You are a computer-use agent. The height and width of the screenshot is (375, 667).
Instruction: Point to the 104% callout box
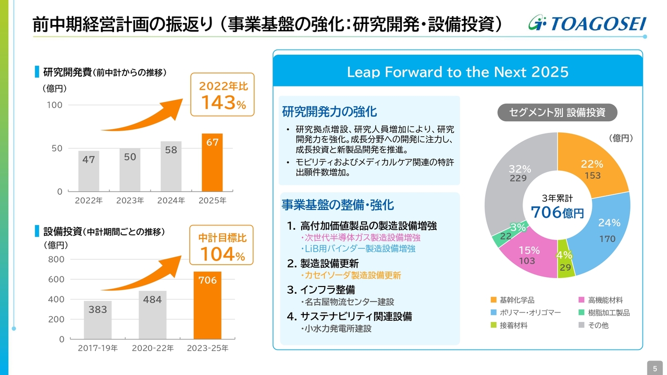pyautogui.click(x=221, y=246)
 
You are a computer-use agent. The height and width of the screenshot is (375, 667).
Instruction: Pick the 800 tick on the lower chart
pyautogui.click(x=56, y=259)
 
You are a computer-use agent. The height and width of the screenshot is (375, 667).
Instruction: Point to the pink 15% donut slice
pyautogui.click(x=527, y=255)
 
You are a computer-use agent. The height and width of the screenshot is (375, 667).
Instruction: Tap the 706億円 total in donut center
pyautogui.click(x=557, y=213)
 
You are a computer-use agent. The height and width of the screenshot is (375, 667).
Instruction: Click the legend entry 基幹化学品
pyautogui.click(x=516, y=300)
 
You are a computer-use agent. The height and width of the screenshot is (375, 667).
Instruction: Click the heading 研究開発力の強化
pyautogui.click(x=329, y=111)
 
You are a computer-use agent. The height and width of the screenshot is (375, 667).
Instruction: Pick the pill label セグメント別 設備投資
pyautogui.click(x=557, y=112)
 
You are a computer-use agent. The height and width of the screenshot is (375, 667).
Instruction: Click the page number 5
pyautogui.click(x=654, y=368)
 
